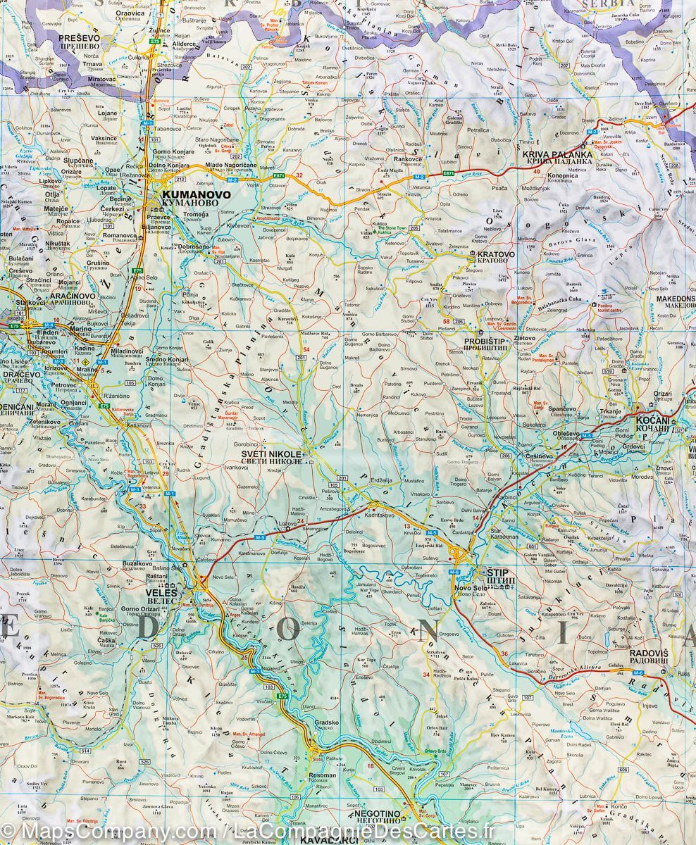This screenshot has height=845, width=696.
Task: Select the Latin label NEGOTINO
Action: (x=371, y=813)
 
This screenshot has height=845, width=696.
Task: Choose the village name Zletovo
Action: (x=525, y=338)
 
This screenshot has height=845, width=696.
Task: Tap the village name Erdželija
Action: (x=386, y=481)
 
